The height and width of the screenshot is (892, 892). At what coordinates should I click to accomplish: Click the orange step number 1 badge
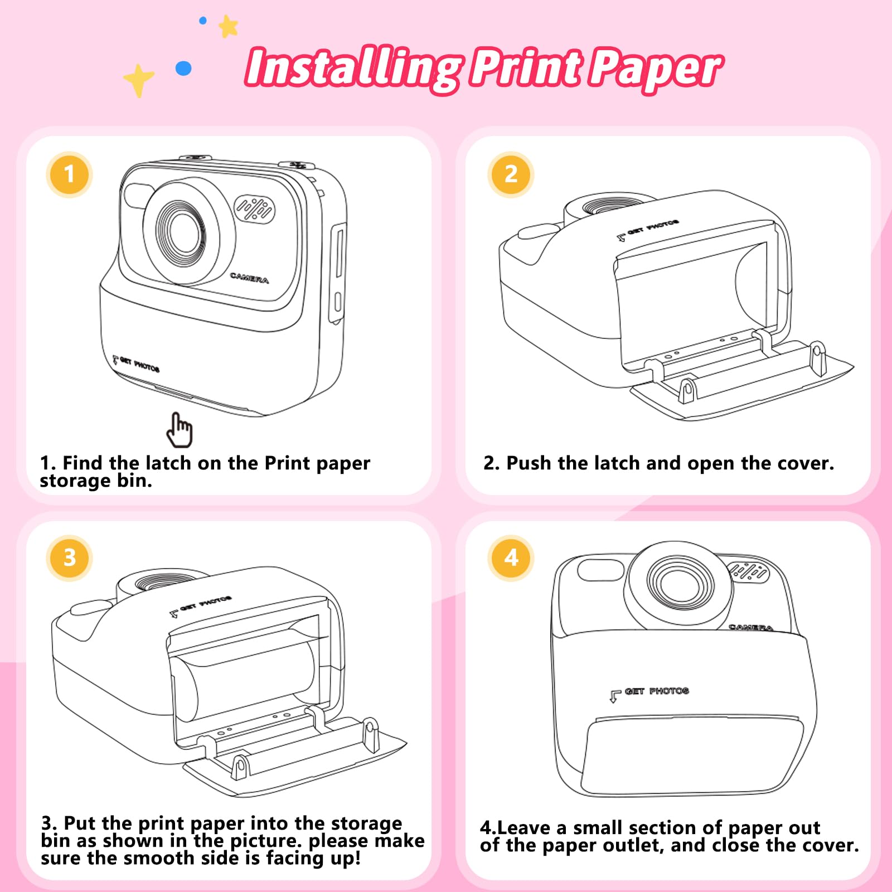coord(69,174)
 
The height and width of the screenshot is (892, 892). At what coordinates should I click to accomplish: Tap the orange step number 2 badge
coord(511,174)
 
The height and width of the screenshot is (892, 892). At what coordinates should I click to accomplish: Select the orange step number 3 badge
coord(69,558)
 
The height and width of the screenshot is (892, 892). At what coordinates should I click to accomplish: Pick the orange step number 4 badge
coord(511,558)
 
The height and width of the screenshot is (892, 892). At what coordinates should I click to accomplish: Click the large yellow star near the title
coord(138,80)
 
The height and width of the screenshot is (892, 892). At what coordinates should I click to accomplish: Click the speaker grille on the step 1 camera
coord(254,209)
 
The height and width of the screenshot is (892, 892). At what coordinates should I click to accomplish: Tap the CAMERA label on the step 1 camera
coord(249,278)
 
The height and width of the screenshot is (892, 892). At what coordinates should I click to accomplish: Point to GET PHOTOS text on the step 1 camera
coord(137,365)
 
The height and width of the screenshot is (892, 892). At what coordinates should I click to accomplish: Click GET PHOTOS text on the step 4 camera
coord(650,693)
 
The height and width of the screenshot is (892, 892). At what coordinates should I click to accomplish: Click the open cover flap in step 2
coord(741,384)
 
